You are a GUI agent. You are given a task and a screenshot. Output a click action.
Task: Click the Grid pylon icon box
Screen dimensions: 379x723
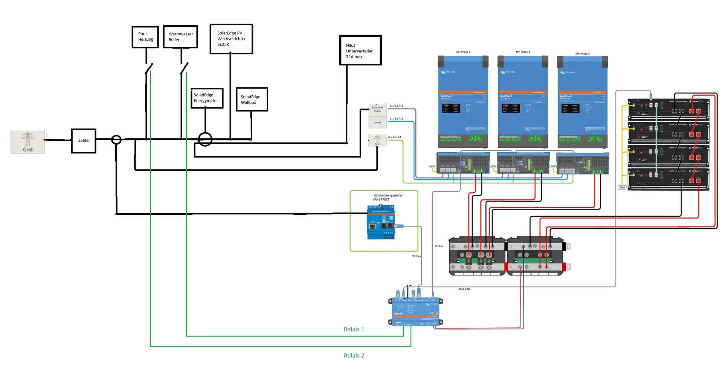point(27,142)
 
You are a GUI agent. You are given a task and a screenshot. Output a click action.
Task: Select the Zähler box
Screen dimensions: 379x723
point(84,141)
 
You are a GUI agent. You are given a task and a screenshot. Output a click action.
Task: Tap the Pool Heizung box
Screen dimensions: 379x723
point(145,37)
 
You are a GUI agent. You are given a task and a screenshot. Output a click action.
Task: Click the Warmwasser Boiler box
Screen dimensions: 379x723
point(180,37)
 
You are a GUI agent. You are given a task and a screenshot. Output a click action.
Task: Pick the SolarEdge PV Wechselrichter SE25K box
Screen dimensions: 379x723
point(231,39)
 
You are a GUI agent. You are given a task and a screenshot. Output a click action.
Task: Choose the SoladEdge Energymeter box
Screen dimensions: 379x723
point(207,98)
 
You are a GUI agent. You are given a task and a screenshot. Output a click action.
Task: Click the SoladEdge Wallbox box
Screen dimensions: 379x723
point(252,99)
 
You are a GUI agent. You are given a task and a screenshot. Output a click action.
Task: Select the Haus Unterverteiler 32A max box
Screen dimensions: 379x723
point(360,50)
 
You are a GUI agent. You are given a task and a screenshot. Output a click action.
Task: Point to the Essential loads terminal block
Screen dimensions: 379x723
point(377,109)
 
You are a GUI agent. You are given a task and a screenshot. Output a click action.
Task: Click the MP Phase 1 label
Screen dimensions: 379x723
point(463,52)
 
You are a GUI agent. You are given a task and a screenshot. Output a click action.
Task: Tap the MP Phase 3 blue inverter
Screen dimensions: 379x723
point(582,102)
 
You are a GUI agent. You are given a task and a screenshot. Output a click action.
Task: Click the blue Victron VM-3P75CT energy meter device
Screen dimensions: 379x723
point(381,222)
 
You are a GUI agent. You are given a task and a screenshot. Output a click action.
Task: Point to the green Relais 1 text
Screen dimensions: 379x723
point(354,329)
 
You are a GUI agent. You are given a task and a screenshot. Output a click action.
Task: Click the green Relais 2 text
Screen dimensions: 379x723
point(354,355)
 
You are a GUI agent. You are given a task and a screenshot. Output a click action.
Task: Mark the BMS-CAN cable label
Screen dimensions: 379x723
point(464,289)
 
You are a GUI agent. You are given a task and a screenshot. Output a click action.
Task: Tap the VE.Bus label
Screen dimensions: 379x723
point(439,246)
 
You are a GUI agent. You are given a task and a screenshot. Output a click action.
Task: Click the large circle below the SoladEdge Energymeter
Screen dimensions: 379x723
point(205,139)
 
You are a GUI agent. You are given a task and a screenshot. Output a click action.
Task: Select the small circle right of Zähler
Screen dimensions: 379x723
point(116,140)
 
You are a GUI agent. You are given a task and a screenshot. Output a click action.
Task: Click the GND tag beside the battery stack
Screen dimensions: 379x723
point(622,187)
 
